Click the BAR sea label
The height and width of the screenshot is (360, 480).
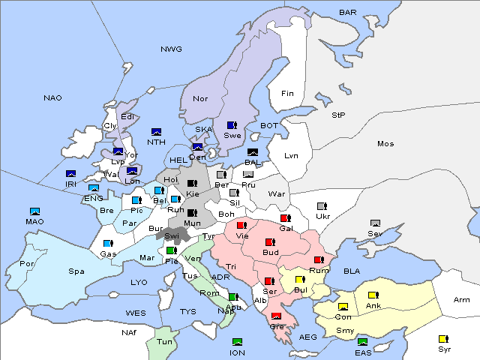[348, 13]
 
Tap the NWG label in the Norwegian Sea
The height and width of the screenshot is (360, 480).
[171, 49]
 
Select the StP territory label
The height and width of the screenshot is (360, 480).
[338, 115]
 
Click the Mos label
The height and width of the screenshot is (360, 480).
[385, 143]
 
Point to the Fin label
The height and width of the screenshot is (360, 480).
[287, 94]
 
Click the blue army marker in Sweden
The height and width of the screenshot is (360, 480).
[232, 125]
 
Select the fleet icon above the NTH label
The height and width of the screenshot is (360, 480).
[157, 132]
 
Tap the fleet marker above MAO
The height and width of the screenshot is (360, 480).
[34, 211]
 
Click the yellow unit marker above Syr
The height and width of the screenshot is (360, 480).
[444, 339]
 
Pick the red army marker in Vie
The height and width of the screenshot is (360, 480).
[241, 225]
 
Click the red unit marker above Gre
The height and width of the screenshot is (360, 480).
[277, 316]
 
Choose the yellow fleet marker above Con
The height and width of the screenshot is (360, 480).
[343, 307]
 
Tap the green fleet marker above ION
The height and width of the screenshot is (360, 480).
[237, 342]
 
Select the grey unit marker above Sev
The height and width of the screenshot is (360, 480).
[375, 223]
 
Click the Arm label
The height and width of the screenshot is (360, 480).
[462, 300]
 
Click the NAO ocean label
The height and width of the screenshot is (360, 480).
[52, 98]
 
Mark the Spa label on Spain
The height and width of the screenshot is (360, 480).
[76, 271]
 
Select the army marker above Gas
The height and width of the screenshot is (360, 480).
[108, 244]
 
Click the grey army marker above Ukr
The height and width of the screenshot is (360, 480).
[322, 206]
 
